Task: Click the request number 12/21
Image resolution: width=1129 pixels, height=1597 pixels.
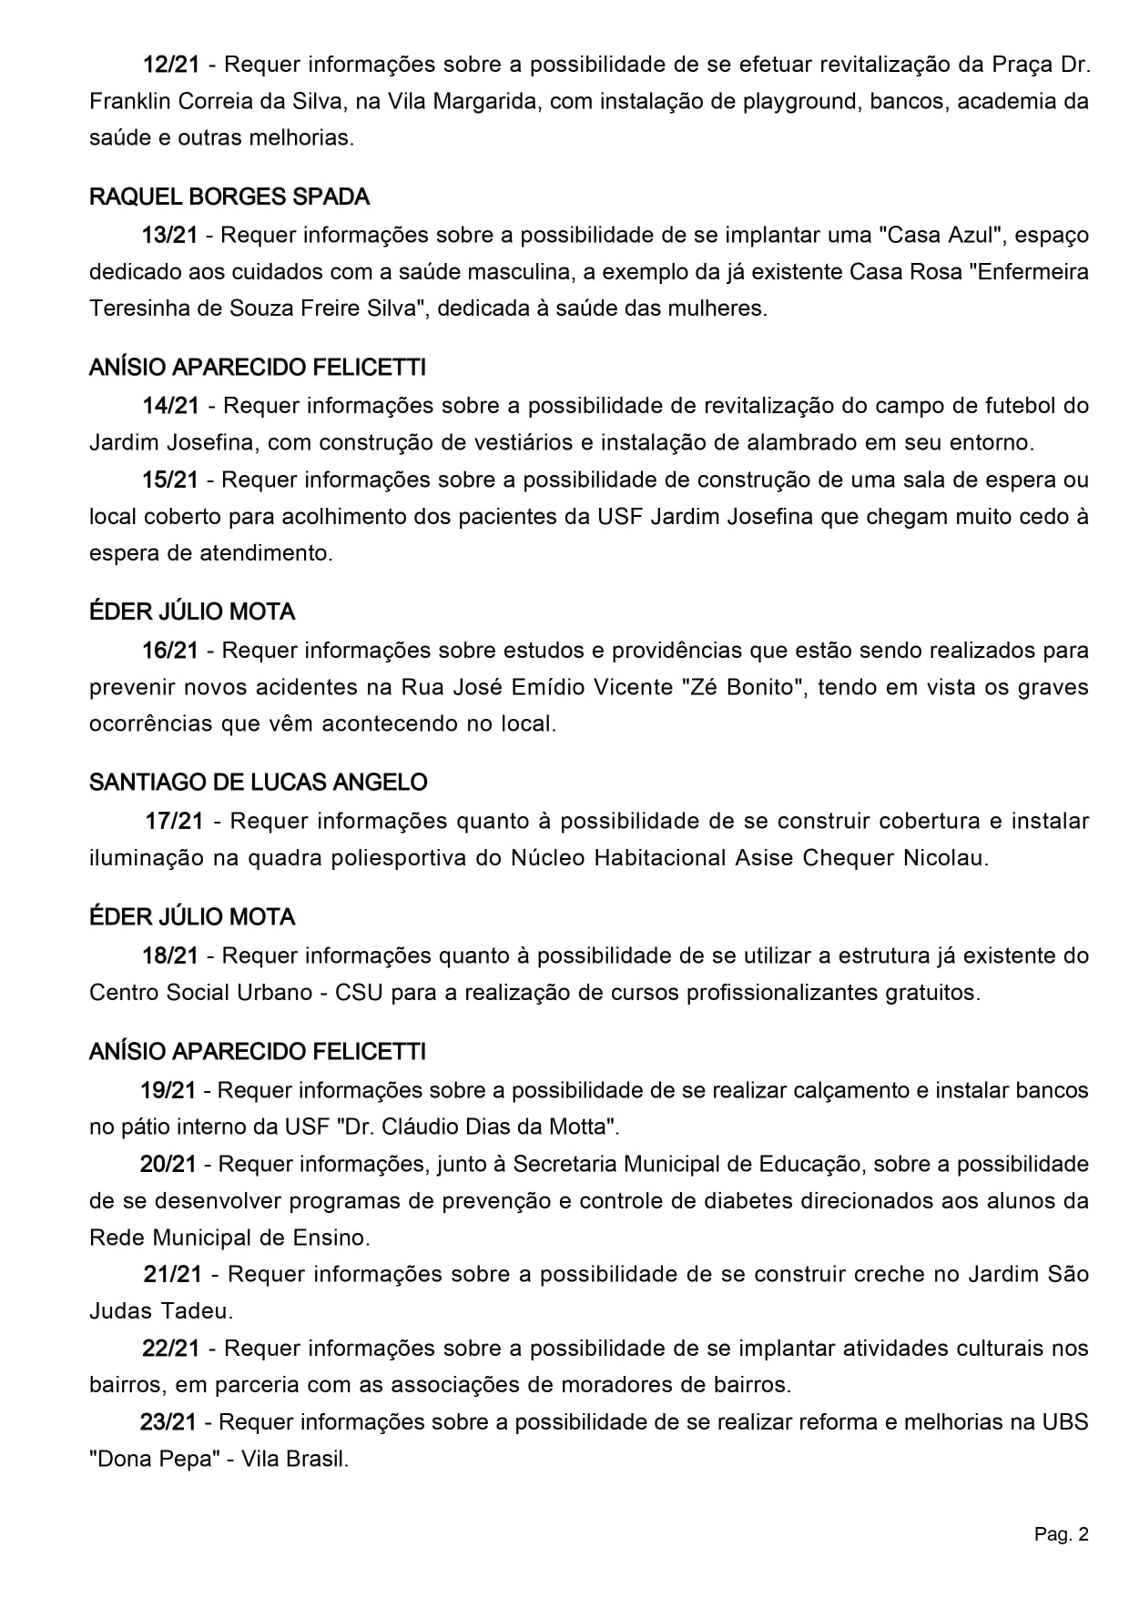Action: click(170, 65)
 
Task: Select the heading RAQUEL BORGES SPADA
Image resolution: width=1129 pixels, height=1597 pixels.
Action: click(229, 197)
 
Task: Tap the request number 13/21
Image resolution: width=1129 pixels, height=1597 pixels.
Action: click(169, 235)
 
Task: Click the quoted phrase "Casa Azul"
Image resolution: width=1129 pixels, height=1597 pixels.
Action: click(941, 235)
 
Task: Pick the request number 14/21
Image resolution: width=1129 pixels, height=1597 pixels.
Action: click(170, 405)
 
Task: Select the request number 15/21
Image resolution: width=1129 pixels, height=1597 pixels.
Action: click(169, 480)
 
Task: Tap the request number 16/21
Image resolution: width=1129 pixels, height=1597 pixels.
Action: click(170, 650)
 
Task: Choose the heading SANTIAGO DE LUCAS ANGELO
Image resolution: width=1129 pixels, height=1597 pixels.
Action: click(259, 782)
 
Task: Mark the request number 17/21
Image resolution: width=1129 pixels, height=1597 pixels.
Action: click(174, 821)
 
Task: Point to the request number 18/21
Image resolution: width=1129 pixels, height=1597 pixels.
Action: click(170, 955)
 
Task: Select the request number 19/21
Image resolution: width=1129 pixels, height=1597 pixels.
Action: click(168, 1089)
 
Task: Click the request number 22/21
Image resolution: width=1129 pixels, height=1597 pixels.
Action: click(170, 1348)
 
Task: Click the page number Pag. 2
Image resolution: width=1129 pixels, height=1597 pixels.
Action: click(1061, 1535)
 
